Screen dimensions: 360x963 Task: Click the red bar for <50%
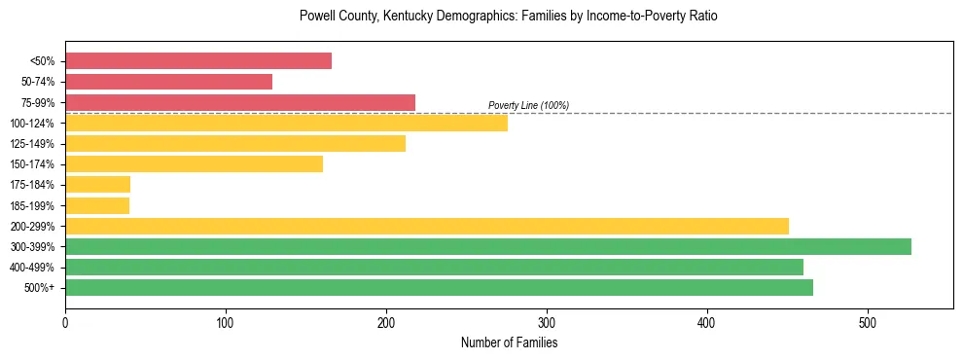tap(198, 61)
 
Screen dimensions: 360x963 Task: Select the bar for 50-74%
tap(168, 82)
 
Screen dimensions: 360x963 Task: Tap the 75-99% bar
tap(240, 102)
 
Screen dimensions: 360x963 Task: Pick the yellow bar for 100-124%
tap(286, 123)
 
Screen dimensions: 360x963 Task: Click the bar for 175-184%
tap(97, 184)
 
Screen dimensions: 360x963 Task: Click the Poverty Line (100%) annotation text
tap(528, 105)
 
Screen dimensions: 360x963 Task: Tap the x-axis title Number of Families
tap(509, 342)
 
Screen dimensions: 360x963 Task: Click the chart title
tap(509, 17)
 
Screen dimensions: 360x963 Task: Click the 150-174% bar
tap(194, 163)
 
